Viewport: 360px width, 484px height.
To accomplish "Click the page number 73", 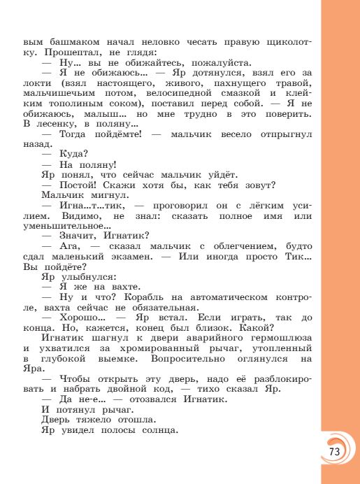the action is pyautogui.click(x=333, y=451).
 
